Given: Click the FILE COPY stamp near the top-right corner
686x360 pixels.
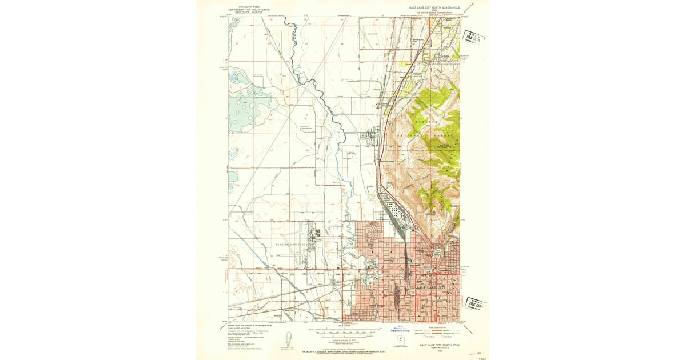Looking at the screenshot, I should pyautogui.click(x=473, y=38).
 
